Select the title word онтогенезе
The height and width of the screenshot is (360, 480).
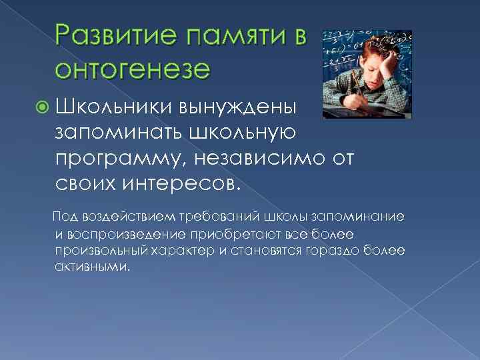[133, 69]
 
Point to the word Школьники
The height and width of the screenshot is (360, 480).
[113, 105]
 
